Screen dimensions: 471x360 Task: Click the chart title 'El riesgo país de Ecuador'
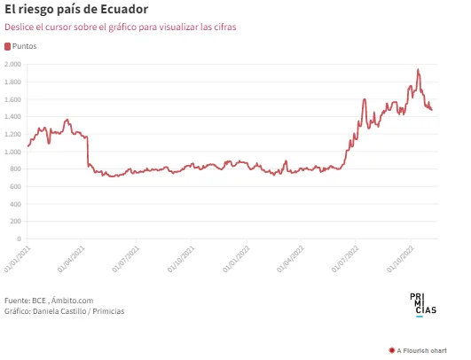[76, 10]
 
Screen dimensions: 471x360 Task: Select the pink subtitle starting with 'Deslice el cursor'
[121, 27]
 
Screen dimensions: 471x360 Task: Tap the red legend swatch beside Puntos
[7, 46]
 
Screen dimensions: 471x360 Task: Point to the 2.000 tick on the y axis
[12, 64]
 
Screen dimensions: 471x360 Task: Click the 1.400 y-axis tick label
[12, 116]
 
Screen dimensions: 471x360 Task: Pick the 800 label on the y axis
[15, 169]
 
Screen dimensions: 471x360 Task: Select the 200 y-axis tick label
[15, 222]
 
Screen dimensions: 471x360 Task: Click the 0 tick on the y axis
[20, 239]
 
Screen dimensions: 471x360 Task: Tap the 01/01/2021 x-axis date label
[18, 259]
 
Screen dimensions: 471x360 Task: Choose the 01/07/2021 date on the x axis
[126, 259]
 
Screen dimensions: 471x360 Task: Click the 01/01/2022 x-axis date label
[237, 259]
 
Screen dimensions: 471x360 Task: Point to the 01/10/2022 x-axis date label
[400, 259]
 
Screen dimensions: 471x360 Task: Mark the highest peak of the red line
[418, 69]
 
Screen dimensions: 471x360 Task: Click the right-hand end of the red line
[432, 110]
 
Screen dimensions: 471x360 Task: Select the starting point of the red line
[27, 146]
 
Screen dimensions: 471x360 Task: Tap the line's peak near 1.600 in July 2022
[365, 99]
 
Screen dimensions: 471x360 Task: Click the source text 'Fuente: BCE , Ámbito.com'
[49, 301]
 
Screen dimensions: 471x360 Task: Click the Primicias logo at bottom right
[423, 305]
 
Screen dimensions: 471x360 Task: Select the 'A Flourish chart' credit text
[418, 351]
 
